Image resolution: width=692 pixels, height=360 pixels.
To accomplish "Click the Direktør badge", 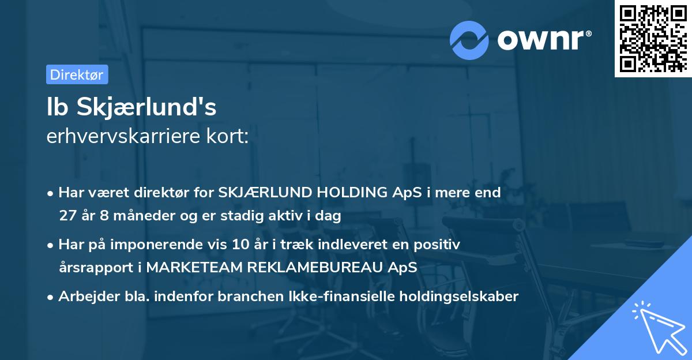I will (x=77, y=74).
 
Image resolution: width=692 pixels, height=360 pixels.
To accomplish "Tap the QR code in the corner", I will (x=653, y=38).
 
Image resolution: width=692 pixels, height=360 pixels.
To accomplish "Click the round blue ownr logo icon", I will (x=469, y=40).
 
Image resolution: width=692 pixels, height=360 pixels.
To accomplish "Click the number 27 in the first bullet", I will (x=67, y=216).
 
